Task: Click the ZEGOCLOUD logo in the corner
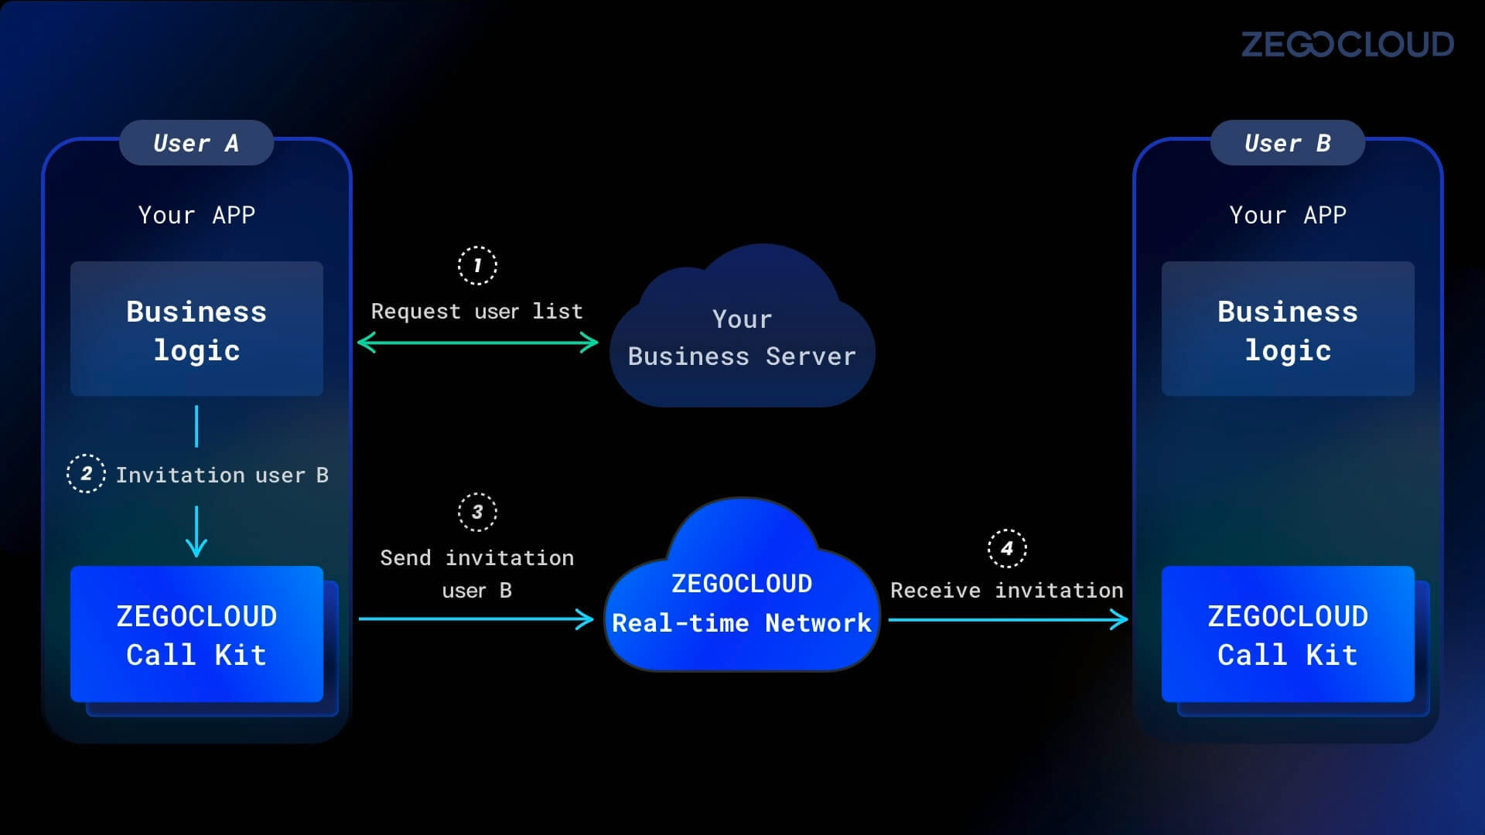click(1347, 45)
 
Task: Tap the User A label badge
click(196, 143)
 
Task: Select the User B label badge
click(1287, 143)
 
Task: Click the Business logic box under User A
click(196, 329)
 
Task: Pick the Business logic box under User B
click(1287, 329)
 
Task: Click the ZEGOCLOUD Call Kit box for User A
click(196, 635)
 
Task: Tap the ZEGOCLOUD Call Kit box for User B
click(1287, 635)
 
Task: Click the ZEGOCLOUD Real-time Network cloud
click(742, 603)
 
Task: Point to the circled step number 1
click(477, 266)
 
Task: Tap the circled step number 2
click(86, 474)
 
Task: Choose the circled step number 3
click(477, 512)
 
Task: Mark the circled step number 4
click(1007, 549)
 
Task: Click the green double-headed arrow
click(477, 343)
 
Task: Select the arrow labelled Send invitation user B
click(476, 619)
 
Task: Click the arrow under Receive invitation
click(1008, 619)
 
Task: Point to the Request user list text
click(476, 311)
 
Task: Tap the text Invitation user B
click(222, 475)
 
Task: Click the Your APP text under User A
click(196, 215)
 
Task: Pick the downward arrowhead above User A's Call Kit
click(196, 547)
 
